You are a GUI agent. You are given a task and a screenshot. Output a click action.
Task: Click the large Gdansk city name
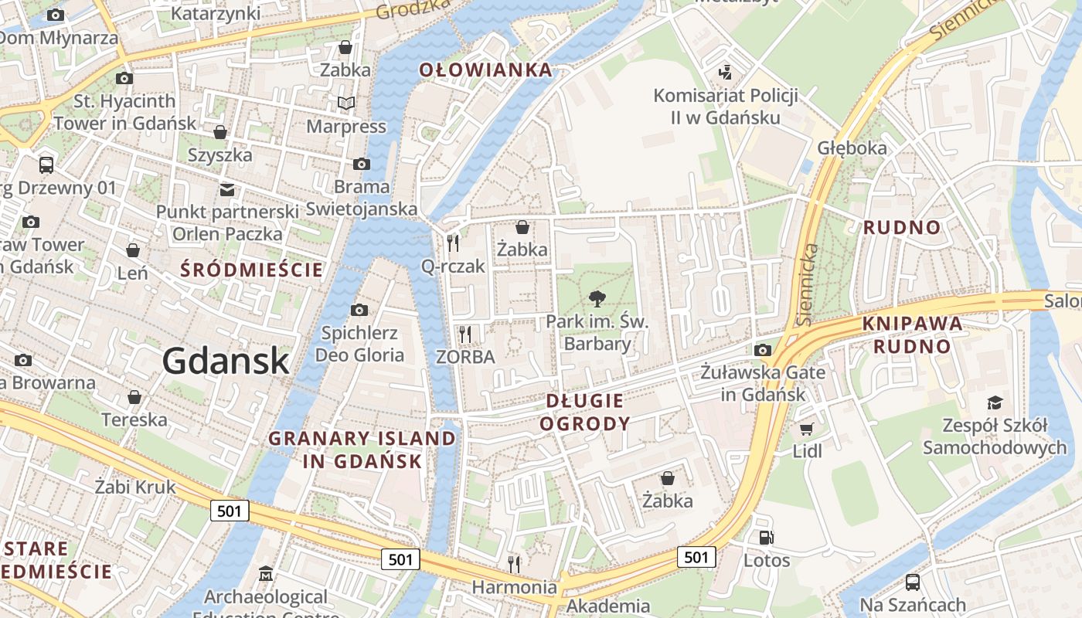[226, 362]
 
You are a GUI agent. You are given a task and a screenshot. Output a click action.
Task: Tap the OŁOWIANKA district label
[486, 70]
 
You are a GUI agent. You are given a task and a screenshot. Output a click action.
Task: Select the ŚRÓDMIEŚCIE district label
[251, 270]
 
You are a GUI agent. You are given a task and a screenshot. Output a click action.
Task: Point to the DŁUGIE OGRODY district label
[585, 412]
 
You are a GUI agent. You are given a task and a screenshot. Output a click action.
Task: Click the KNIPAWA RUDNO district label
[912, 334]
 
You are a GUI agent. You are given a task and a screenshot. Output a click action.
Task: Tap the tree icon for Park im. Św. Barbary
[597, 298]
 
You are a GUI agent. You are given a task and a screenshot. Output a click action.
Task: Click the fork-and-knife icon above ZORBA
[464, 334]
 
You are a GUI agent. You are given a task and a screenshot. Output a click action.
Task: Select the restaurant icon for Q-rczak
[453, 243]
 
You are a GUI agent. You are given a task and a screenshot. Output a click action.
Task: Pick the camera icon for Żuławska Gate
[763, 350]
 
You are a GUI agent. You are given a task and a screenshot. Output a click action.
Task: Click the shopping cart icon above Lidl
[807, 429]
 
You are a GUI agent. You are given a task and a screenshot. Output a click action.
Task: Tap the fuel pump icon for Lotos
[766, 538]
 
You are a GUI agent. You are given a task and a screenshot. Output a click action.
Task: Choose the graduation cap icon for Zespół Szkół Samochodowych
[994, 402]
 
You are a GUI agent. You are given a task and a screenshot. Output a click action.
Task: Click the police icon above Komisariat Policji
[725, 73]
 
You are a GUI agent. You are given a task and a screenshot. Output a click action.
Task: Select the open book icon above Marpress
[345, 103]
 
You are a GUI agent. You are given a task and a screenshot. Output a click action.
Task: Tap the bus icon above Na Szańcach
[913, 582]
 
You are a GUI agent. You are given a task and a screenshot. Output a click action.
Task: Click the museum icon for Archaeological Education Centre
[266, 574]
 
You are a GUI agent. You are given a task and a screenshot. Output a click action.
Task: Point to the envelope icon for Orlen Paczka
[227, 189]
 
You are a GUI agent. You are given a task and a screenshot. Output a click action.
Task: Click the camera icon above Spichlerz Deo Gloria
[359, 310]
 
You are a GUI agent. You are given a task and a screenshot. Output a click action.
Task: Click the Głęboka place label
[852, 148]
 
